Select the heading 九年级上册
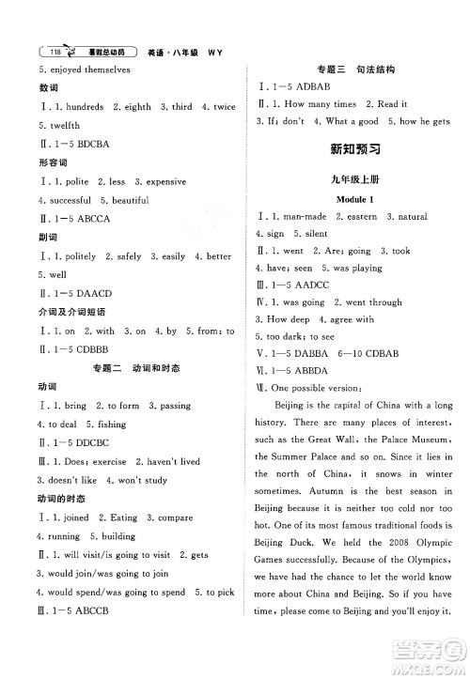350,178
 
